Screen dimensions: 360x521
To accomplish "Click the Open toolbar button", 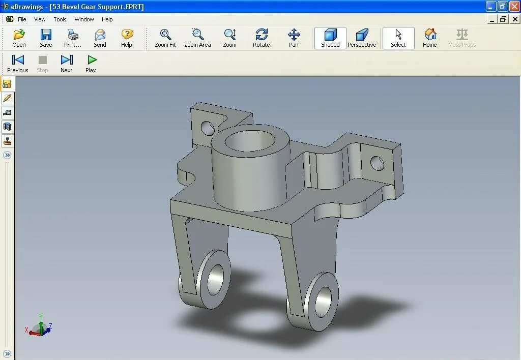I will (x=19, y=38).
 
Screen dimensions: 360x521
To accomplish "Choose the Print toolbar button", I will (x=73, y=38).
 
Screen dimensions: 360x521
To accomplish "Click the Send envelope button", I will (x=100, y=38).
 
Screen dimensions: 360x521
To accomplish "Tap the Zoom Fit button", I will (x=165, y=38).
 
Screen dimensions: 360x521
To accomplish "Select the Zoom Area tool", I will (x=197, y=38).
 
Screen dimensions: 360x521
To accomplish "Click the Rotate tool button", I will (x=261, y=38).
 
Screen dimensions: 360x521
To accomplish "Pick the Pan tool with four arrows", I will (x=294, y=38).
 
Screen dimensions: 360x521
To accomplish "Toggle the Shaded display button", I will (x=330, y=38).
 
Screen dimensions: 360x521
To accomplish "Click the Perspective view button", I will (x=362, y=38).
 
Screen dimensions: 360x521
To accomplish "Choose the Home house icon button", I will (x=430, y=38).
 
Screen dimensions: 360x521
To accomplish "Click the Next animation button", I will (x=67, y=64).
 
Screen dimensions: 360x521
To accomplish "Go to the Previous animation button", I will (x=18, y=64).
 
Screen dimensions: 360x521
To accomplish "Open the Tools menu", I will (x=60, y=19).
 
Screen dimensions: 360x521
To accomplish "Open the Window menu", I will (x=84, y=19).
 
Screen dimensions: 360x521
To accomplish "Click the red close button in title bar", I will (x=514, y=7).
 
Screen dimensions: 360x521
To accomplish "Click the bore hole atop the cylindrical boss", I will (x=248, y=141).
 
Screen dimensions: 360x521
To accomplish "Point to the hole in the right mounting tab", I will (x=377, y=163).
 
